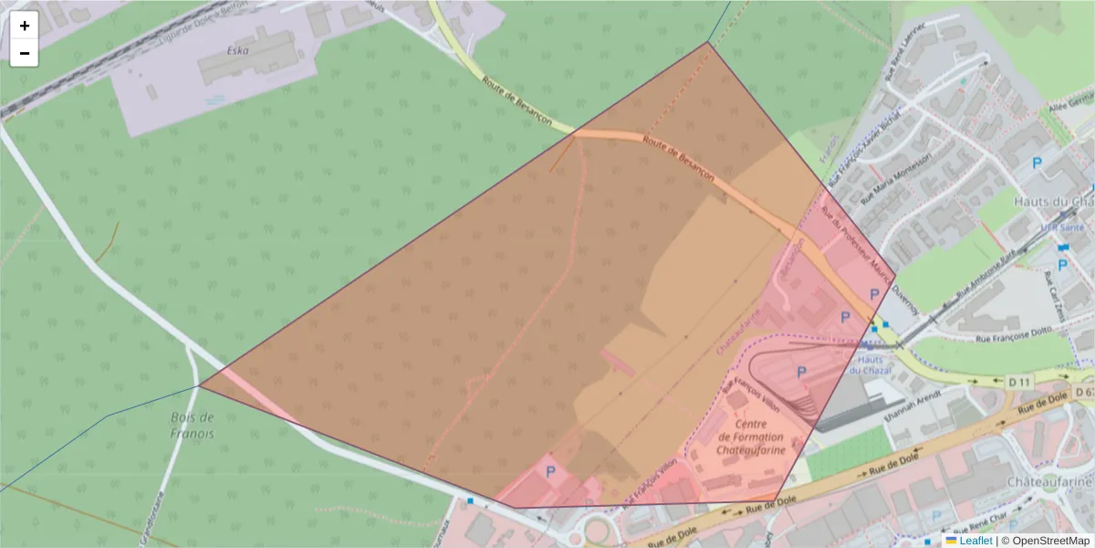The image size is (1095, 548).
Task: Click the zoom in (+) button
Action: pos(25,26)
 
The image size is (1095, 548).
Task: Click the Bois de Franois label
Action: pos(192,426)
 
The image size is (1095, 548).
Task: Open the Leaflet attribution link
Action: pos(975,541)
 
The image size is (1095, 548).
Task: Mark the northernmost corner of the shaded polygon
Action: pos(708,42)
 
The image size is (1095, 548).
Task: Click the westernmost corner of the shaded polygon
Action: pos(200,386)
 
